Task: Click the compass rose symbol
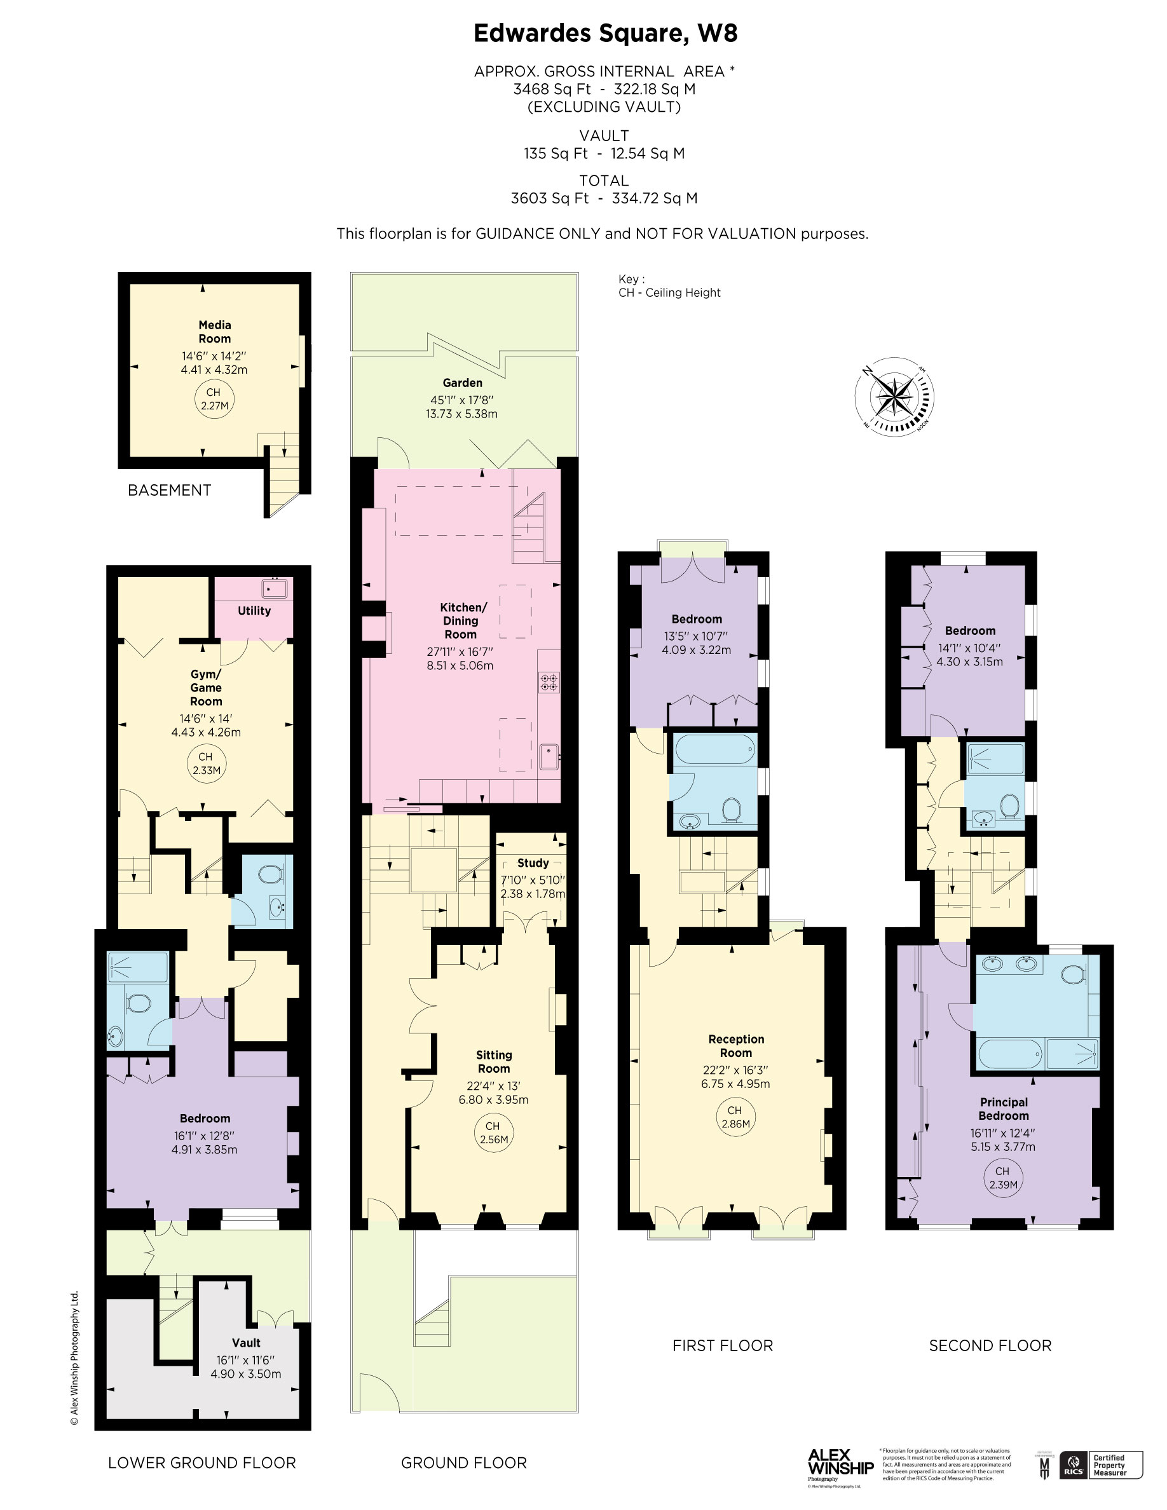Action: tap(894, 396)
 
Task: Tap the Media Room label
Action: tap(214, 332)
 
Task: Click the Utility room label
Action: tap(254, 611)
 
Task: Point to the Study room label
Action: tap(533, 863)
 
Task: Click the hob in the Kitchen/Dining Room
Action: tap(549, 683)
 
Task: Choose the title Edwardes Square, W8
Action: tap(605, 33)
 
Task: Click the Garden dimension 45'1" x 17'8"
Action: tap(462, 400)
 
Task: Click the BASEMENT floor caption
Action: tap(169, 490)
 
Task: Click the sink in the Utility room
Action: tap(275, 588)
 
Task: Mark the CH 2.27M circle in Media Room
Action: tap(214, 399)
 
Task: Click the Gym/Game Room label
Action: tap(206, 687)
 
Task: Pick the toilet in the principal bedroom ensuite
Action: tap(1072, 975)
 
